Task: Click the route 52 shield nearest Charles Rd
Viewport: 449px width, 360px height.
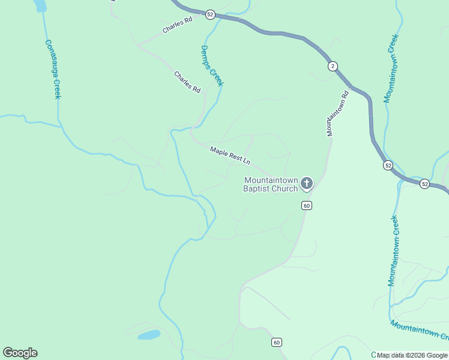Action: click(x=209, y=14)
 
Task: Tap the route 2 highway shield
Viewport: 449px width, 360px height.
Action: click(x=332, y=66)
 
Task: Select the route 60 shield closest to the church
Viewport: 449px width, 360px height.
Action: click(x=306, y=205)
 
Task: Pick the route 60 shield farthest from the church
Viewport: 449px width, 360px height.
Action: click(x=276, y=342)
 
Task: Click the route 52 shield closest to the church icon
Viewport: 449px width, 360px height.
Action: click(x=388, y=165)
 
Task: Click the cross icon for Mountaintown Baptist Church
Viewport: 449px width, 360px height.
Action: click(x=307, y=183)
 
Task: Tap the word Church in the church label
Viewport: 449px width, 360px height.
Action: click(x=284, y=189)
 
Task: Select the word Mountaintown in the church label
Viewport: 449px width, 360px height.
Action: click(x=270, y=180)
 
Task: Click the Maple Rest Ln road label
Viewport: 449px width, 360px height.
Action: click(x=229, y=155)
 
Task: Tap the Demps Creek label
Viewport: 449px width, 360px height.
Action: click(x=211, y=66)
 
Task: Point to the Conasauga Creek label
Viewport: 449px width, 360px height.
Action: click(x=53, y=69)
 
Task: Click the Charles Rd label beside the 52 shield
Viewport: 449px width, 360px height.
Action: click(x=176, y=25)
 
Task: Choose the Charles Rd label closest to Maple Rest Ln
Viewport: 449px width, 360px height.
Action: click(x=187, y=82)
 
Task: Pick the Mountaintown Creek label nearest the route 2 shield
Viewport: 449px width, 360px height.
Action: click(x=391, y=68)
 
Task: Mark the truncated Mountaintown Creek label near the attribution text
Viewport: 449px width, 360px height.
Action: click(x=420, y=329)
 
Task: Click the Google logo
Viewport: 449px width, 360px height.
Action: click(x=20, y=353)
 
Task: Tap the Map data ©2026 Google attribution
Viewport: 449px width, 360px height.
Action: click(x=412, y=355)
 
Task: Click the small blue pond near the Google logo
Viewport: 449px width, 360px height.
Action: click(x=149, y=335)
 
